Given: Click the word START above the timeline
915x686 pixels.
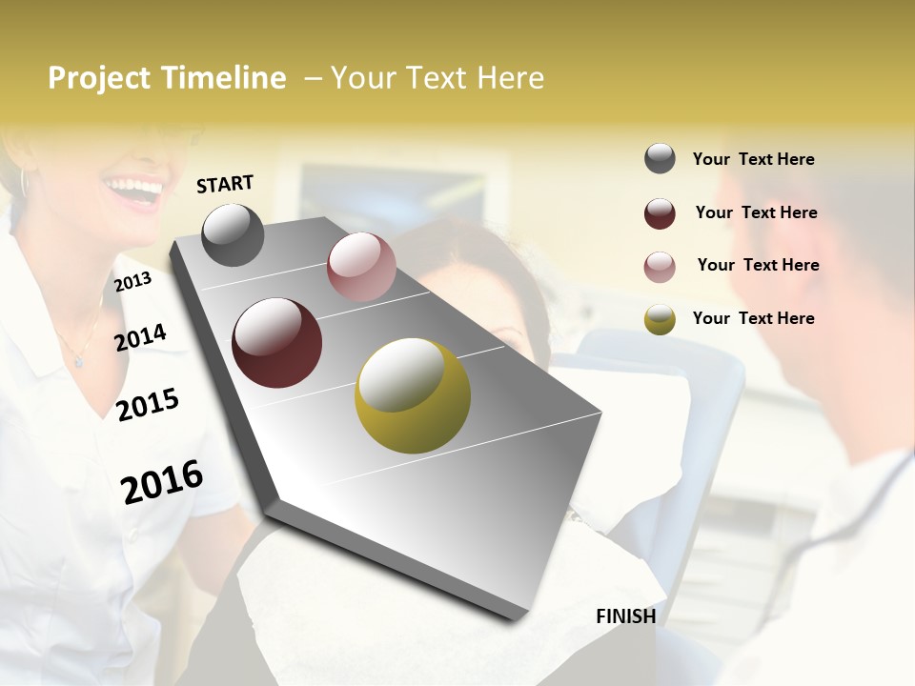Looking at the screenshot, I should pos(225,183).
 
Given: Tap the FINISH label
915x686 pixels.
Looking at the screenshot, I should pos(625,616).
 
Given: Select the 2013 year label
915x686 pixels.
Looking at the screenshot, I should pos(132,282).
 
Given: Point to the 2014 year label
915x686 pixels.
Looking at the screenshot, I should pos(140,337).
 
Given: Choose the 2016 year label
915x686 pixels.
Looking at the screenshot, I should pos(162,481).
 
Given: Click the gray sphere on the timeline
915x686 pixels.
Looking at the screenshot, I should pos(233,234).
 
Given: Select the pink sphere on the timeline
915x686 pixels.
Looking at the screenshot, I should pos(361,267).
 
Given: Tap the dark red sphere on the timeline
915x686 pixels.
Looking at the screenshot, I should pos(276,343).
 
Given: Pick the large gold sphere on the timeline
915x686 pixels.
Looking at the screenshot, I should pos(413,395).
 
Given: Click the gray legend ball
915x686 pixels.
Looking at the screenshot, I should pos(660,158).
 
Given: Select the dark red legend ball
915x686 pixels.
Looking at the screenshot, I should pos(660,213).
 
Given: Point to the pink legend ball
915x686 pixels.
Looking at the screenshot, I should pos(660,267).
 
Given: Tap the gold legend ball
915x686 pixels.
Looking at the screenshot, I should pos(660,319).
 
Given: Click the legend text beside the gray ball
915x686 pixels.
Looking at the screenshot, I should pos(753,159).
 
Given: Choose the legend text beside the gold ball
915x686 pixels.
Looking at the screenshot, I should pos(753,318).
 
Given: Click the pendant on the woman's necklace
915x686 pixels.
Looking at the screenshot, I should pos(78,362).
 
